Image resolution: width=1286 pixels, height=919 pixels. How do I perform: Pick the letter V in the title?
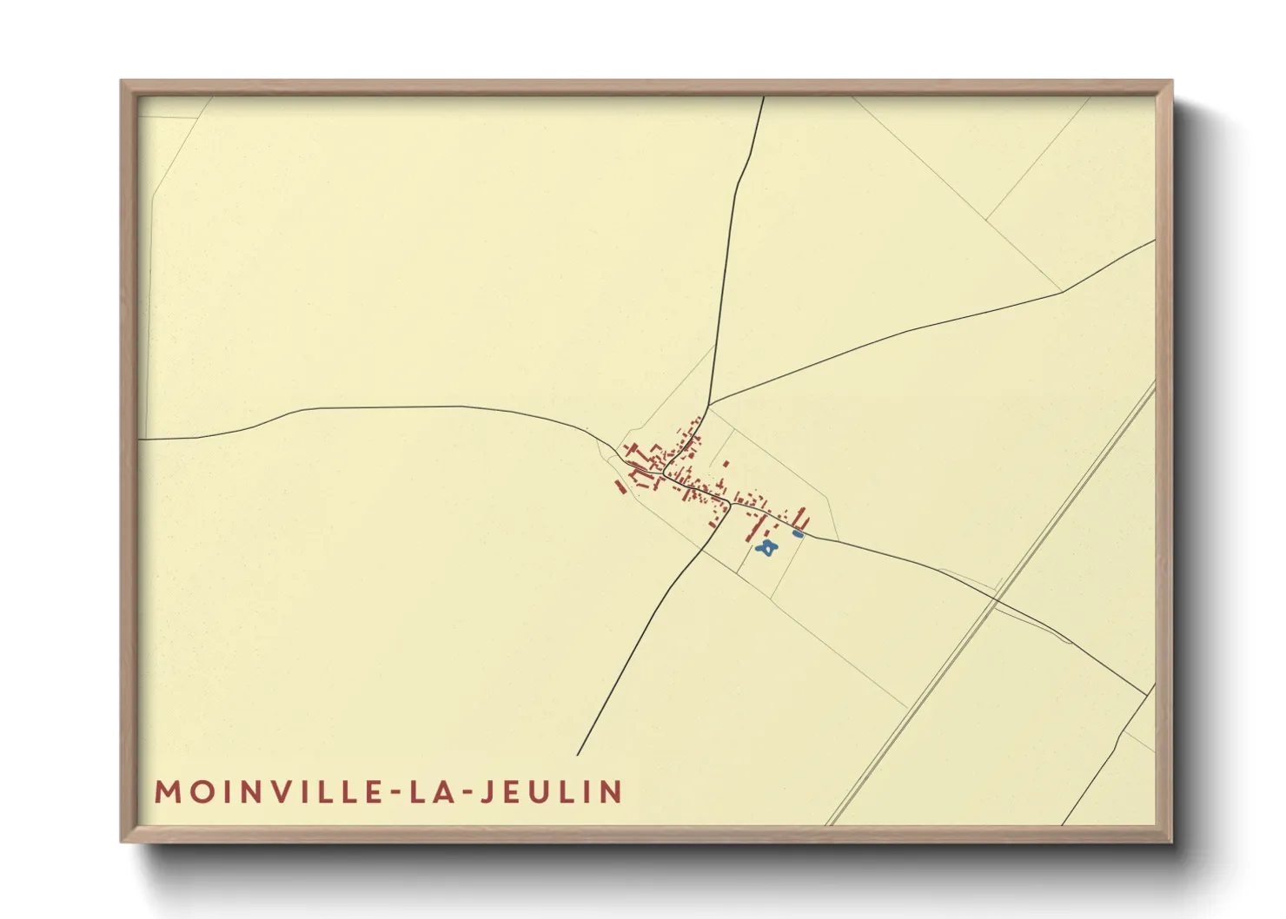(x=285, y=792)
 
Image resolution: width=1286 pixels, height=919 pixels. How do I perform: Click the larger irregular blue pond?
(x=766, y=547)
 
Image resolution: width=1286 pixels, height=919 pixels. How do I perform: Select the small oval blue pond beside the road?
(x=798, y=534)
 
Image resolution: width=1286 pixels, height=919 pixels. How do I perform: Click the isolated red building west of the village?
(x=620, y=487)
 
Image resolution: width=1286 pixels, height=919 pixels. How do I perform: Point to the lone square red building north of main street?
(x=726, y=464)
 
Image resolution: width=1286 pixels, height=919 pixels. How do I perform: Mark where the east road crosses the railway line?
(x=997, y=598)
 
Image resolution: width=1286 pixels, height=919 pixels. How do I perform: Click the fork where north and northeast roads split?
(x=709, y=406)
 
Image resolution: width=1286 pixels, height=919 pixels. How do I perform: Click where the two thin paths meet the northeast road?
(x=1063, y=292)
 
